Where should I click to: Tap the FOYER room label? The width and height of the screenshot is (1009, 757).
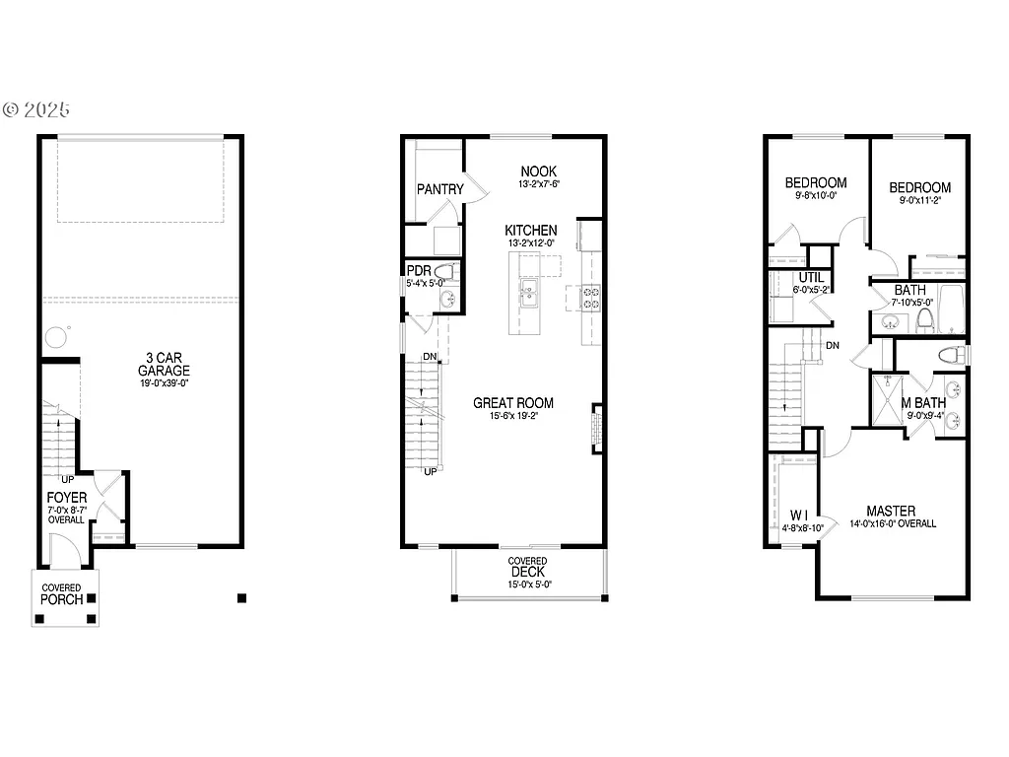(67, 498)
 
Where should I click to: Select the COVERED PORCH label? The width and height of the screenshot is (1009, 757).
(61, 594)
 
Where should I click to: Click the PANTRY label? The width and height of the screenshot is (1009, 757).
(439, 189)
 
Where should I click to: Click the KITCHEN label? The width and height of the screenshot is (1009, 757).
(532, 230)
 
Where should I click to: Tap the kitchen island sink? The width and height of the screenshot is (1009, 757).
(527, 291)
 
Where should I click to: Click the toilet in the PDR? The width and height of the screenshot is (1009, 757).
(444, 272)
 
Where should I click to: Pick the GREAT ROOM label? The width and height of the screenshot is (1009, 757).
(512, 403)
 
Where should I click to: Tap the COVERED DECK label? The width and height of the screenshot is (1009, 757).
(528, 567)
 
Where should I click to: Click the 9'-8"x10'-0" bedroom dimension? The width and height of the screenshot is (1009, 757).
(816, 195)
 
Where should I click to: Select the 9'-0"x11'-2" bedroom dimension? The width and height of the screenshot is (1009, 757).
(919, 201)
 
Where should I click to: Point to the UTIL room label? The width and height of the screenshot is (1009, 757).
(811, 278)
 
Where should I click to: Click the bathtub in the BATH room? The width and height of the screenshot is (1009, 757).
(949, 310)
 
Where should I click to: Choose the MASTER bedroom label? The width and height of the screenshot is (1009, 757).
(891, 511)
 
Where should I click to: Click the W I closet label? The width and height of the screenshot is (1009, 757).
(799, 515)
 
